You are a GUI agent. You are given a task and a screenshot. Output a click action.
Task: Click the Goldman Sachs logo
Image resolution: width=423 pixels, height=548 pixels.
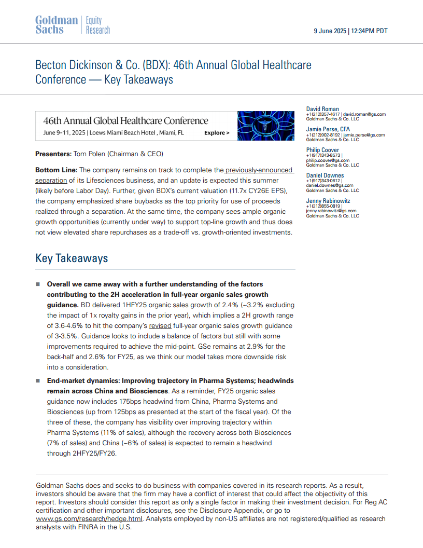[x=56, y=25]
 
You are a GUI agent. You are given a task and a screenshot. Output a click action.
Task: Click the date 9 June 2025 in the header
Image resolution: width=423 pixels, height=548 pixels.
[x=331, y=31]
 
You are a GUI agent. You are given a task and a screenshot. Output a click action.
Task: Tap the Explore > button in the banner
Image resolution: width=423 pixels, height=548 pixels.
[x=217, y=133]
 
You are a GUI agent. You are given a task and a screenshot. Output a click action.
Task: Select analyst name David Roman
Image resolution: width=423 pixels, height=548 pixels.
[x=322, y=109]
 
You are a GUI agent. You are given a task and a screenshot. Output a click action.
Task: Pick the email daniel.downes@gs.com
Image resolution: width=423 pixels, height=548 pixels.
[x=330, y=185]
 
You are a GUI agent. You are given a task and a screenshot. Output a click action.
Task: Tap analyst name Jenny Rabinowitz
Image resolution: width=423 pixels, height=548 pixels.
[x=328, y=200]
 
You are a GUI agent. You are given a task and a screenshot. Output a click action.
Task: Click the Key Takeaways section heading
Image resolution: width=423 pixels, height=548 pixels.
[x=72, y=258]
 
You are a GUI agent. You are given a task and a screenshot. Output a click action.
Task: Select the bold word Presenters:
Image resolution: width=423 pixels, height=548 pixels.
[x=53, y=154]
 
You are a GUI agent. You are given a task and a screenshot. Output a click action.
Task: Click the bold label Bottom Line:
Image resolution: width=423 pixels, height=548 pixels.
[x=56, y=170]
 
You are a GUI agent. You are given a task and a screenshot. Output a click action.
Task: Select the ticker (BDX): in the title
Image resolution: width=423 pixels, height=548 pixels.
[x=153, y=65]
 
